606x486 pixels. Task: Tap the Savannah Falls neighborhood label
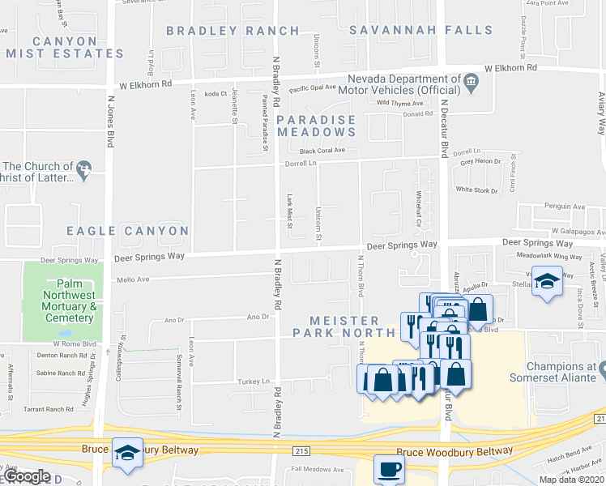point(420,31)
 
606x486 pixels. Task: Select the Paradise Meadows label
point(317,126)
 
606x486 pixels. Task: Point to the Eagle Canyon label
point(127,231)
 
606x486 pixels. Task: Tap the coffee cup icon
point(389,468)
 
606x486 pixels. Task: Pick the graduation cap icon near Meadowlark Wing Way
point(548,281)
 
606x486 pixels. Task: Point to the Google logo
point(26,476)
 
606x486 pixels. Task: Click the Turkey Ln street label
point(253,381)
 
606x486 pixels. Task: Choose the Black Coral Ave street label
point(322,151)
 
